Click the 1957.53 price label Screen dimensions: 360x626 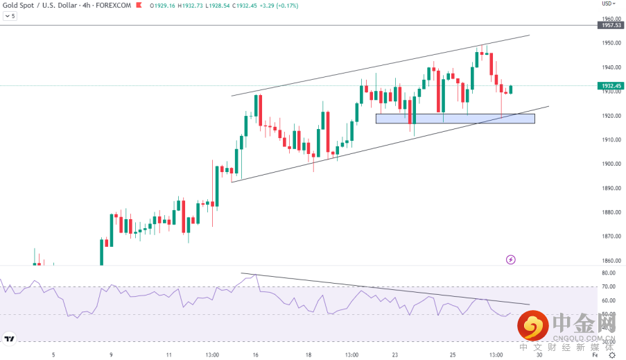(x=610, y=25)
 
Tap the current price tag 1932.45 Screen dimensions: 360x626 (x=610, y=86)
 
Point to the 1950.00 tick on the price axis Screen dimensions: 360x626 (x=611, y=43)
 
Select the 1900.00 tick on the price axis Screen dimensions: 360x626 (x=611, y=164)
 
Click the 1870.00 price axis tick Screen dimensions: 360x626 (x=611, y=237)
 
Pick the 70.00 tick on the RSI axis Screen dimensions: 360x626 (x=609, y=286)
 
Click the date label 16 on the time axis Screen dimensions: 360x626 (x=256, y=354)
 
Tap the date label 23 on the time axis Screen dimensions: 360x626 (x=394, y=354)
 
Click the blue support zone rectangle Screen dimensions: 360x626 (x=455, y=119)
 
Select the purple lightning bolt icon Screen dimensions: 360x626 (x=511, y=259)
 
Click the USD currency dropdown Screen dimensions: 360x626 (x=609, y=3)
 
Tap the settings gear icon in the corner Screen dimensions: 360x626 (x=612, y=354)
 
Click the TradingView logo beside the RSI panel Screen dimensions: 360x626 (x=10, y=339)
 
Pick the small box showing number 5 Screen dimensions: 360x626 (x=9, y=15)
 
